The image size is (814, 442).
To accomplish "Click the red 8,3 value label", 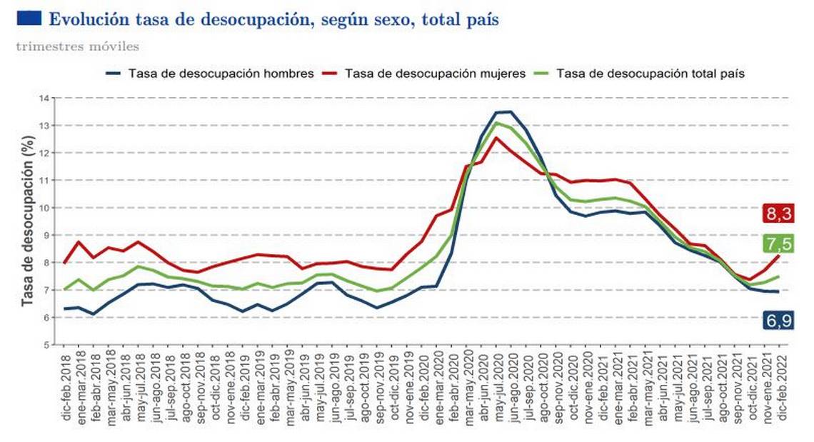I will [x=778, y=214].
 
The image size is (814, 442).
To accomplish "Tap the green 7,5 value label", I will [x=778, y=243].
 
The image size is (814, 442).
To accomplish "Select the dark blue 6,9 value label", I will [x=778, y=321].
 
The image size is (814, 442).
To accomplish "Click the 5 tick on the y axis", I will [x=44, y=345].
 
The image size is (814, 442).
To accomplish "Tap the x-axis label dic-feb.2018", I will [x=67, y=389].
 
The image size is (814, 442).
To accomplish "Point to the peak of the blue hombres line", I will [x=503, y=111].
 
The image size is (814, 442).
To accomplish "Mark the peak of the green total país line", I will [x=496, y=123].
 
